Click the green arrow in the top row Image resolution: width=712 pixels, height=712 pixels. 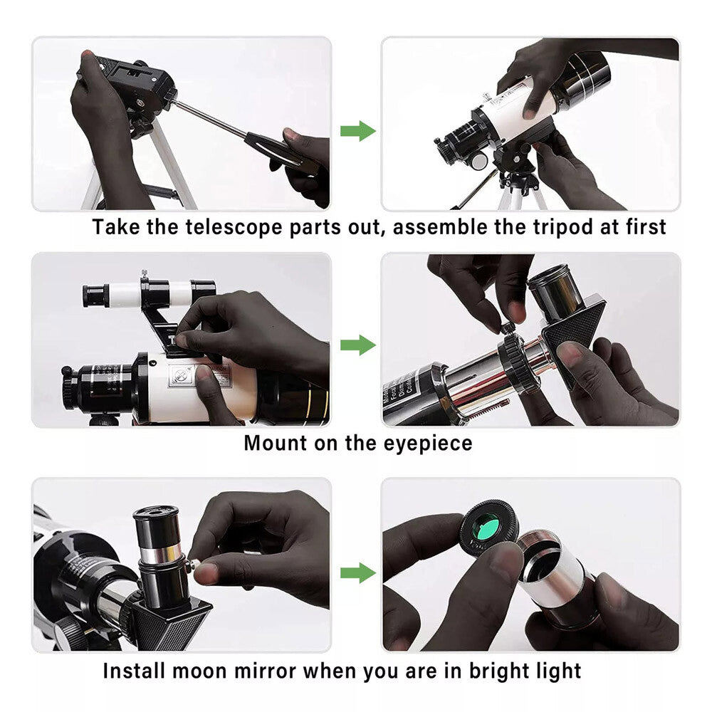pyautogui.click(x=357, y=131)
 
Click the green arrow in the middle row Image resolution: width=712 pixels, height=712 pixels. pyautogui.click(x=357, y=345)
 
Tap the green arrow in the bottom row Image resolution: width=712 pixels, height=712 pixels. pyautogui.click(x=357, y=572)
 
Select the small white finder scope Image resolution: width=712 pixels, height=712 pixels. pyautogui.click(x=150, y=293)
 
